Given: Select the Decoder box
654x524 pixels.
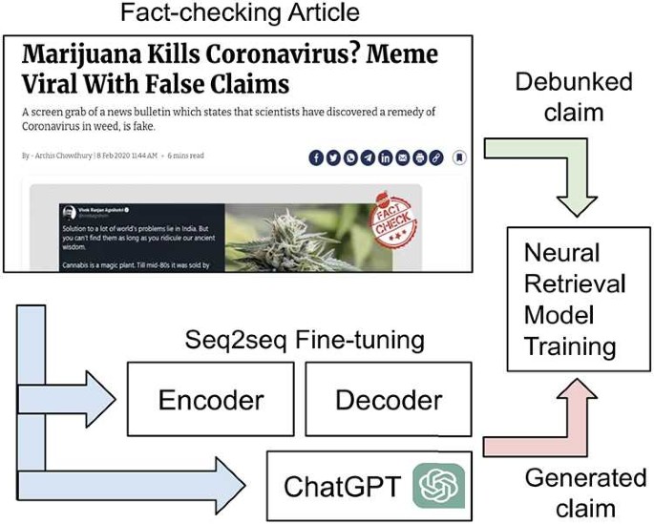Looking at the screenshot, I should click(389, 400).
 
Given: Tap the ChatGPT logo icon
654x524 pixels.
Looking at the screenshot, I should click(438, 485).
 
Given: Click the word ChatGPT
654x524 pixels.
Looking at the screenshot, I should click(343, 486).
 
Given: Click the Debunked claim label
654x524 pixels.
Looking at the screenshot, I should click(573, 96).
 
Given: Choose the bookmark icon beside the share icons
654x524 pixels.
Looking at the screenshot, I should click(459, 157).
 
